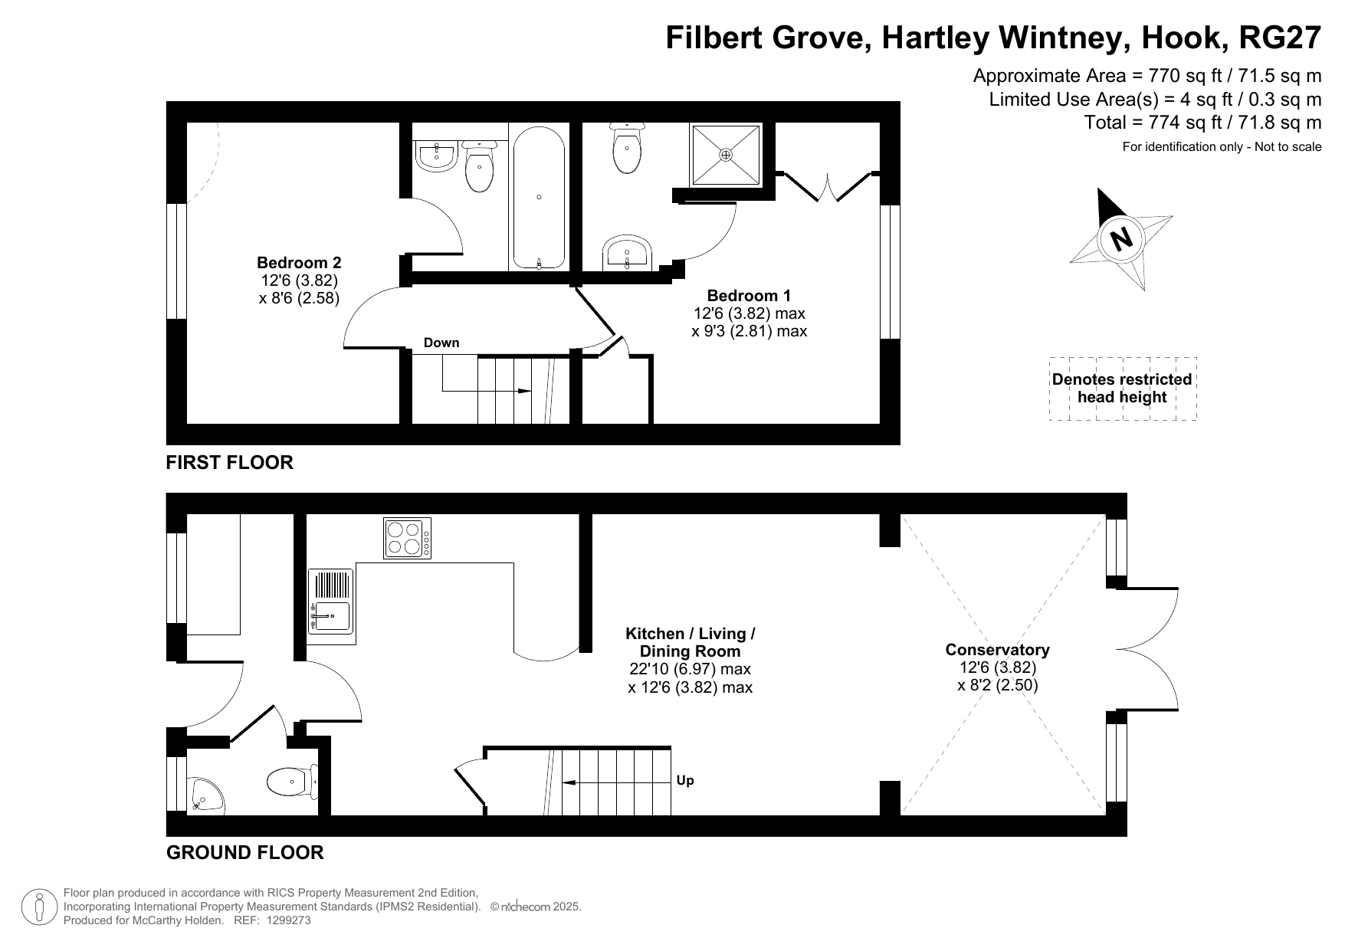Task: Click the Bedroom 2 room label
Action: pos(299,262)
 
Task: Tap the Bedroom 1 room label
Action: pos(749,296)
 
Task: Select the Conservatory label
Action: pos(997,650)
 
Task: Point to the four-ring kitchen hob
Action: pos(407,538)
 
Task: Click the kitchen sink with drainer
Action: pos(331,602)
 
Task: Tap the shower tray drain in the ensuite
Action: pos(726,155)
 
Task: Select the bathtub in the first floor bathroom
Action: pos(540,198)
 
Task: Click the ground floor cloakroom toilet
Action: pos(293,782)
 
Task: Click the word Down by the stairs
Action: pos(441,343)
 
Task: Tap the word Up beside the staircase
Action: pos(685,781)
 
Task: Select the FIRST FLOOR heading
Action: pos(230,462)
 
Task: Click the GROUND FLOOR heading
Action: pos(245,852)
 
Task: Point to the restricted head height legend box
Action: pos(1123,389)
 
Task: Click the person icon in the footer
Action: pos(39,907)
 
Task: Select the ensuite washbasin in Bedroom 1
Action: pos(627,254)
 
